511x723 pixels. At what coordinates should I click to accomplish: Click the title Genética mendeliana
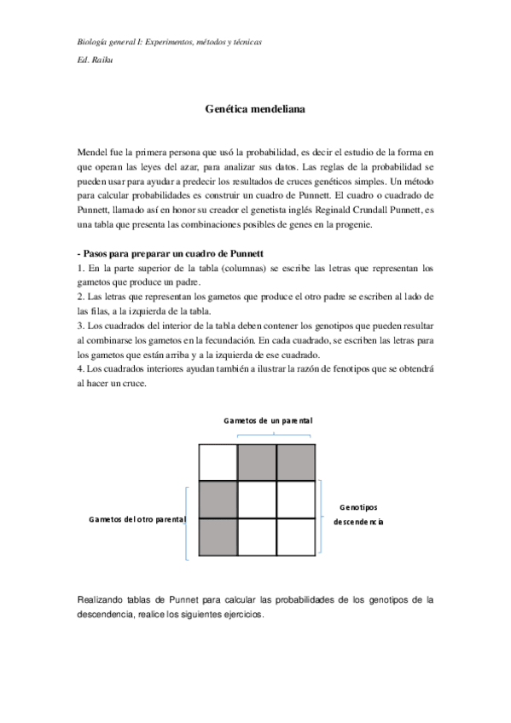coord(255,110)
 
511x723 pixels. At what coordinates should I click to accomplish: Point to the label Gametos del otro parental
coord(137,519)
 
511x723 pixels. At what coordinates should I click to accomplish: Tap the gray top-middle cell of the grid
coord(257,462)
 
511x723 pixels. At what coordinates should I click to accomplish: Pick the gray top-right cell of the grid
coord(296,462)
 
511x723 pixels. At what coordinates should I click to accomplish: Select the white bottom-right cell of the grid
coord(296,537)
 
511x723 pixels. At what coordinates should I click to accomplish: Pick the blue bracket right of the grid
coord(321,519)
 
